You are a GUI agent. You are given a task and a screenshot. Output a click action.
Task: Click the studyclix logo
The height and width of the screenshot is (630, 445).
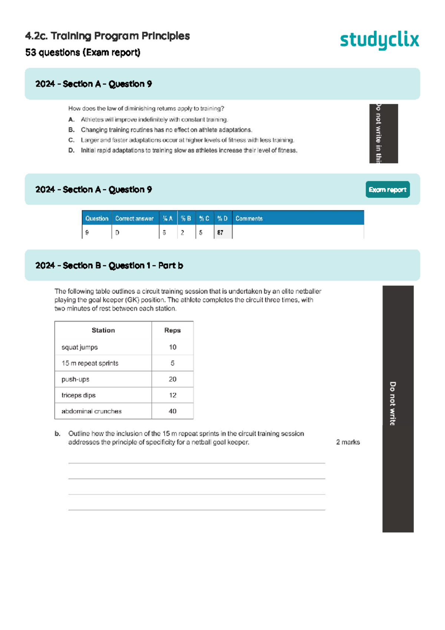pos(379,40)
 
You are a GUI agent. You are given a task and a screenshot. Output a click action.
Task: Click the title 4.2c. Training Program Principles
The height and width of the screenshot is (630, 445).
pos(107,36)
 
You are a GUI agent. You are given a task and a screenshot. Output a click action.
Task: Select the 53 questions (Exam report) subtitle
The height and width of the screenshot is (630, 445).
pos(83,53)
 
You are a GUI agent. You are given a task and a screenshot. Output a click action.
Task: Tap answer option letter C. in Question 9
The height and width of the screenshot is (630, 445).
pos(72,140)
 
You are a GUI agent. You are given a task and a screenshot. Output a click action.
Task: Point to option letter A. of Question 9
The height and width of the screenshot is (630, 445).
pos(72,119)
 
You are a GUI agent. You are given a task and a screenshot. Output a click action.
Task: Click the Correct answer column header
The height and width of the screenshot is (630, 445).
pos(134,219)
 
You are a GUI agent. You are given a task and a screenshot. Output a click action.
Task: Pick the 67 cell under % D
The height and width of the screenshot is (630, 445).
pos(221,233)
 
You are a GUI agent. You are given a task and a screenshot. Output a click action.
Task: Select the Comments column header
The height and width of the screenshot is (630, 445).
pos(249,219)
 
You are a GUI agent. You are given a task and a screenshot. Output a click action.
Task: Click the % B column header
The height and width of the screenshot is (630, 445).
pos(186,219)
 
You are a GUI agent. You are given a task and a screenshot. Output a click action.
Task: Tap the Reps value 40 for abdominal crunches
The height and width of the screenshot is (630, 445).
pos(172,411)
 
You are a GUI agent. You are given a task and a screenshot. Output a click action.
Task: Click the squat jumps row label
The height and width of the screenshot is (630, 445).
pos(80,347)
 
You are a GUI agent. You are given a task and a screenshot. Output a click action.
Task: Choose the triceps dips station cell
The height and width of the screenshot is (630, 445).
pos(79,395)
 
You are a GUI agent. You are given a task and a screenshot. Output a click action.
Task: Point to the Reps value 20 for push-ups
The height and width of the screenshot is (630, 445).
pos(172,379)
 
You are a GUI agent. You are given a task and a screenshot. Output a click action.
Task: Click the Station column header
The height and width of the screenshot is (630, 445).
pos(103,330)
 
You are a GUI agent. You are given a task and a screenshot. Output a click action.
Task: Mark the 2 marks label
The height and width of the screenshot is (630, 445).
pos(348,442)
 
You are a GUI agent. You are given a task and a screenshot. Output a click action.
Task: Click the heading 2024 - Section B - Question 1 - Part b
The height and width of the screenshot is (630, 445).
pos(109,266)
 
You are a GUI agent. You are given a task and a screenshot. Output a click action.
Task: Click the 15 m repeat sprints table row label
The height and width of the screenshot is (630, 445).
pos(90,363)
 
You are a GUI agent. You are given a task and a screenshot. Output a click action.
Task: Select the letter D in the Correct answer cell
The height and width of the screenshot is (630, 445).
pos(117,233)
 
